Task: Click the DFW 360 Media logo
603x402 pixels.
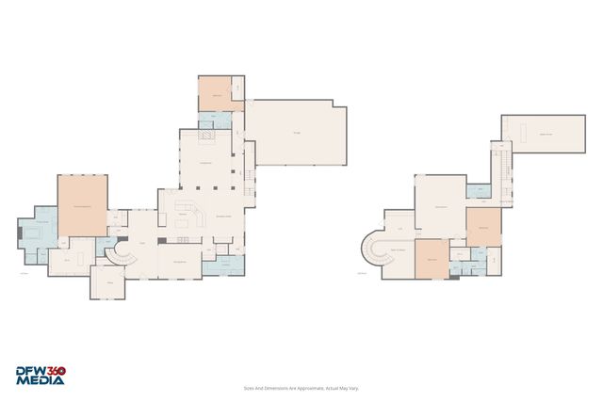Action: [40, 375]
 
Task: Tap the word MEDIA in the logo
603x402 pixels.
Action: [40, 381]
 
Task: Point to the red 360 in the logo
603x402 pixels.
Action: [55, 371]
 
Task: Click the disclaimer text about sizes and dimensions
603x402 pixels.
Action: [301, 387]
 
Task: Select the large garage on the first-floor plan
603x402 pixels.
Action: [299, 133]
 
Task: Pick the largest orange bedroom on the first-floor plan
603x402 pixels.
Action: [83, 205]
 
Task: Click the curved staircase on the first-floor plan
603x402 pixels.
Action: [119, 251]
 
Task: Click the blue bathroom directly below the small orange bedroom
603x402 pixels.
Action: [215, 119]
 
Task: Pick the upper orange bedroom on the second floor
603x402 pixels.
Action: [483, 226]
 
